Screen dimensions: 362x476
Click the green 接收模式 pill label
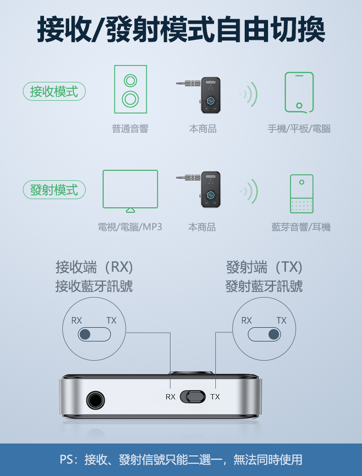54,92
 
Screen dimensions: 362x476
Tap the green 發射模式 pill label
54,190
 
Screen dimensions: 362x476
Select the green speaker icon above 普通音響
131,89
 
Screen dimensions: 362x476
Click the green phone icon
299,92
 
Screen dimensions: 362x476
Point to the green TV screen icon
130,191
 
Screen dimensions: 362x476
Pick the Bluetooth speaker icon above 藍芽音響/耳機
302,194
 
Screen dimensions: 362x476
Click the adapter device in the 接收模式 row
198,95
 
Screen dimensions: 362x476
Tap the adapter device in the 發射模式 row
198,189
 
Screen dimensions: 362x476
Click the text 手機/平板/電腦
299,129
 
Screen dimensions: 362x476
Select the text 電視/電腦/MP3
130,227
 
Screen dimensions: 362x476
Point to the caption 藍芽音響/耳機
301,227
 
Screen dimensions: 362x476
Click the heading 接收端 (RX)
94,267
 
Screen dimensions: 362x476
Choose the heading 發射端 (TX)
264,267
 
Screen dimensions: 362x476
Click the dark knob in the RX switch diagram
85,334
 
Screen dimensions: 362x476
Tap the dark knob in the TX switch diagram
274,334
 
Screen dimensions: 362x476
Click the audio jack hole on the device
95,400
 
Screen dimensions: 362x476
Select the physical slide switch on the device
193,397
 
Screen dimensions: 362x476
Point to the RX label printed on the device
170,397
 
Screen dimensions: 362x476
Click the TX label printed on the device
215,397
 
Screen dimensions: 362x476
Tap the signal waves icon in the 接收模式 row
249,94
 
